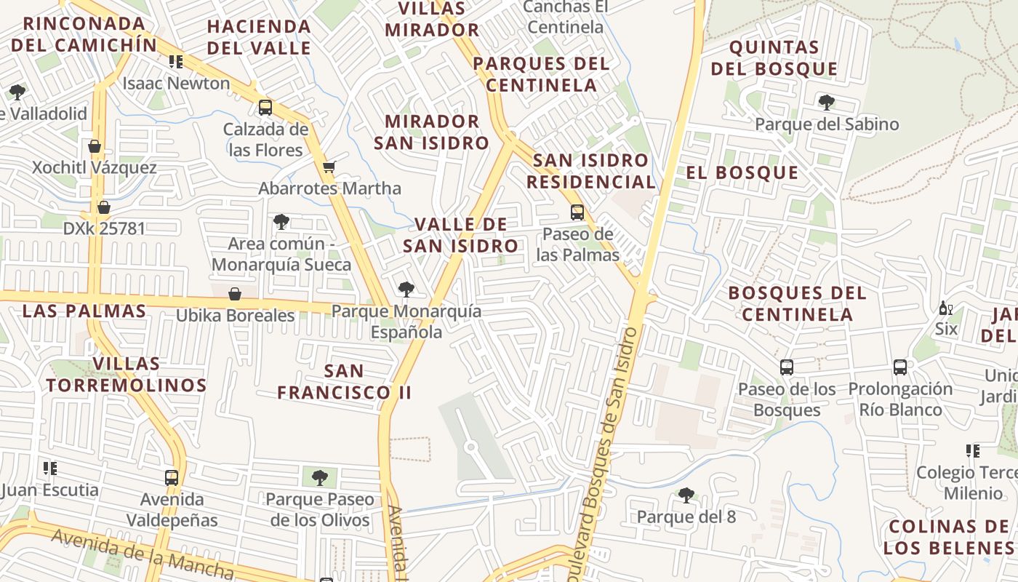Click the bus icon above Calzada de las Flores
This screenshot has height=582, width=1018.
click(x=265, y=108)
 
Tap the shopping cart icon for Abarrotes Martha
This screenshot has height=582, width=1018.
click(x=329, y=167)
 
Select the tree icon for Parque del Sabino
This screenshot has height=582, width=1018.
click(x=826, y=102)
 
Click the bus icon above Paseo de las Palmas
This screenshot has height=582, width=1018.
click(x=577, y=212)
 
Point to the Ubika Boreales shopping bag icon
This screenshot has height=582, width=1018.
click(x=235, y=294)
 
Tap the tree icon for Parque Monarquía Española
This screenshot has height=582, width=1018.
click(x=406, y=290)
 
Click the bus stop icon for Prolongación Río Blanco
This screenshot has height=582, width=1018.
click(x=900, y=367)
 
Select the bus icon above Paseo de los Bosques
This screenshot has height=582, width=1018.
click(x=787, y=367)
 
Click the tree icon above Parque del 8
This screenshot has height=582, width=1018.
click(x=686, y=495)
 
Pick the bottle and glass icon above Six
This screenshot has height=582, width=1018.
click(x=946, y=308)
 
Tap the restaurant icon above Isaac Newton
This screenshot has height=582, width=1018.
click(x=176, y=62)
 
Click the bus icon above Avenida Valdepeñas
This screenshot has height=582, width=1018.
click(x=172, y=478)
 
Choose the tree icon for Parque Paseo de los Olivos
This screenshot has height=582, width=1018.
click(x=319, y=478)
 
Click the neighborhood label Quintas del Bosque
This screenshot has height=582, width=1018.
click(x=774, y=58)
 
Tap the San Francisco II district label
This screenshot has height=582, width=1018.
click(x=345, y=382)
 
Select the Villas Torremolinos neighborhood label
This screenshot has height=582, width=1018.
click(x=127, y=374)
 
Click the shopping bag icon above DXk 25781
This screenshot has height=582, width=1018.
click(x=104, y=207)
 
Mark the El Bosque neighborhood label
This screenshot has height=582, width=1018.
click(x=742, y=172)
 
